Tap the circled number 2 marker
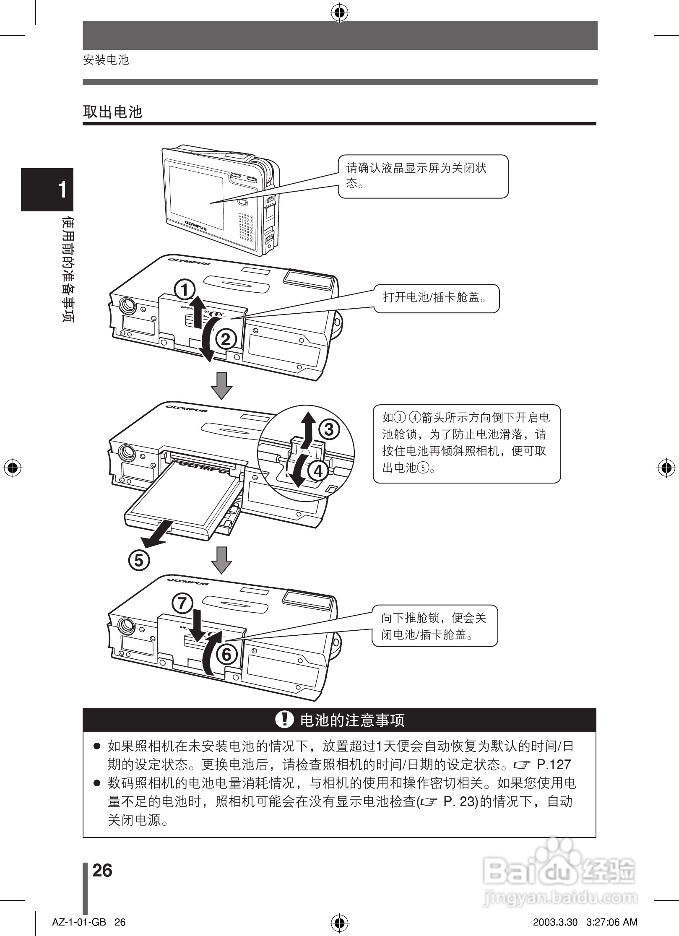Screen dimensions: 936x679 pyautogui.click(x=226, y=339)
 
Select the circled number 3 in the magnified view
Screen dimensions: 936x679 pyautogui.click(x=329, y=429)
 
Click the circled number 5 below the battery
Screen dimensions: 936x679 pyautogui.click(x=139, y=560)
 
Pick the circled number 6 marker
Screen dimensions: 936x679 pyautogui.click(x=226, y=654)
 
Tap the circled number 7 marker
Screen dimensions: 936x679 pyautogui.click(x=182, y=603)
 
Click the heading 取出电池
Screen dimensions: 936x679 pyautogui.click(x=113, y=112)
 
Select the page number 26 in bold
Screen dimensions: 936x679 pyautogui.click(x=102, y=871)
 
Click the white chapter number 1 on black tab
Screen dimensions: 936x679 pyautogui.click(x=62, y=190)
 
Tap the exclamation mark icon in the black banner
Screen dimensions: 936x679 pyautogui.click(x=285, y=720)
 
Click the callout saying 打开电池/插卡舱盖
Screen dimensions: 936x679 pyautogui.click(x=436, y=298)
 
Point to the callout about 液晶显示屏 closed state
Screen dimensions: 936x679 pyautogui.click(x=423, y=176)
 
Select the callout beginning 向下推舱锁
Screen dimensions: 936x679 pyautogui.click(x=434, y=626)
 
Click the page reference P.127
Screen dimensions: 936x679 pyautogui.click(x=554, y=764)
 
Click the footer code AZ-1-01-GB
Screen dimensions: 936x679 pyautogui.click(x=79, y=922)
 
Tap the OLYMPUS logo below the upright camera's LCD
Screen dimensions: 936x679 pyautogui.click(x=196, y=225)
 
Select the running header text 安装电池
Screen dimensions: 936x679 pyautogui.click(x=106, y=60)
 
